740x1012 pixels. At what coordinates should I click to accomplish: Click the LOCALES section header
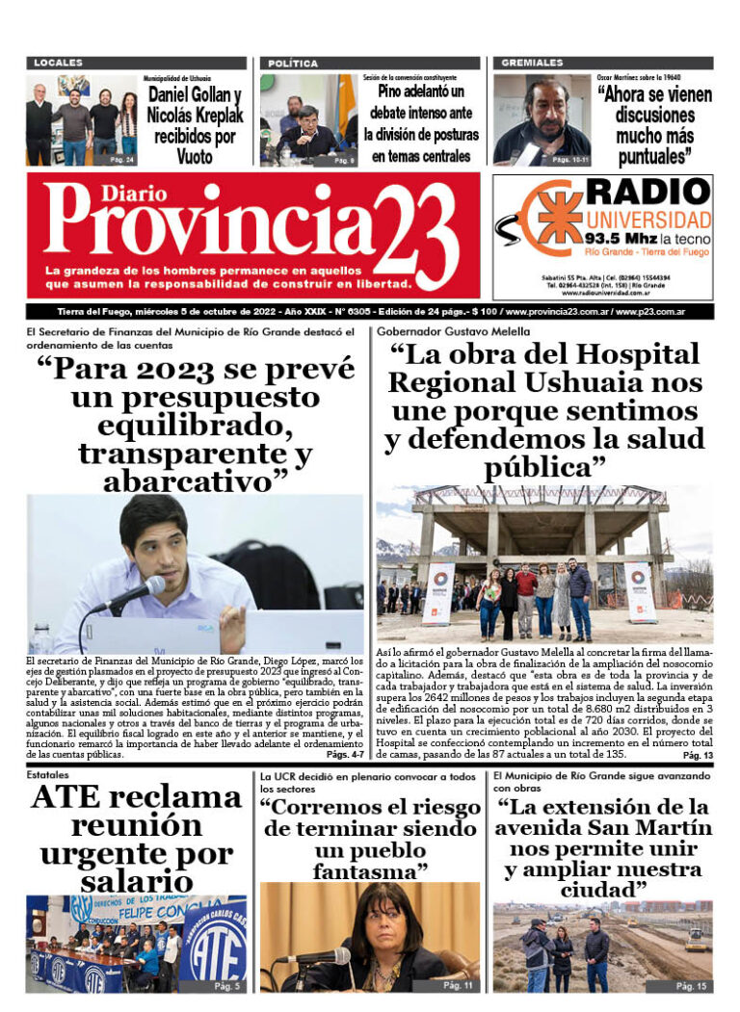59,63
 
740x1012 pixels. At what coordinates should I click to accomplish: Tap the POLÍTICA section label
293,63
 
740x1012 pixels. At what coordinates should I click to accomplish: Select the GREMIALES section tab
531,63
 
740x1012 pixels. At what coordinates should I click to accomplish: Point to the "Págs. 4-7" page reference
344,755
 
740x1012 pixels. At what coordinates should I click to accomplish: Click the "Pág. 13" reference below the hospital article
696,756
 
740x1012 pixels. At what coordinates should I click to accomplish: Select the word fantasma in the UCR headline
370,871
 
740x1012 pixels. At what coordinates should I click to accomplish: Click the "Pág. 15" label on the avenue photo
690,985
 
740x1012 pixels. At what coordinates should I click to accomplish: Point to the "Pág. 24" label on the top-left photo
121,160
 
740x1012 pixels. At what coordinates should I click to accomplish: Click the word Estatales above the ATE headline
47,773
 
